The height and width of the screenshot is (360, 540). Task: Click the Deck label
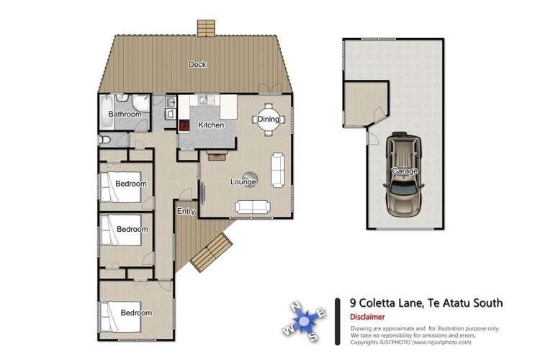[197, 65]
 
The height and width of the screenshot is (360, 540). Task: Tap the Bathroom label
[124, 114]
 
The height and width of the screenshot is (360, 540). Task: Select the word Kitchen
[211, 125]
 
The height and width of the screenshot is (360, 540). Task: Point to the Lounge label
[243, 182]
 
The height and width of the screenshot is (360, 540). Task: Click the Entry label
[186, 211]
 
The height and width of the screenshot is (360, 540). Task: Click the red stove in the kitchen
[184, 125]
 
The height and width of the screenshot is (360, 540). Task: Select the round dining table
[268, 120]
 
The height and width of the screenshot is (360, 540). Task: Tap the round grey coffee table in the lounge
[251, 176]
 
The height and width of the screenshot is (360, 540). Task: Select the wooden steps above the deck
[207, 27]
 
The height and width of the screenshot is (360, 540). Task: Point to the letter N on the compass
[294, 305]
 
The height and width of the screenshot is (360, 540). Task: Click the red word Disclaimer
[367, 317]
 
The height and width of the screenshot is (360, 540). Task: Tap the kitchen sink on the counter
[204, 100]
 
